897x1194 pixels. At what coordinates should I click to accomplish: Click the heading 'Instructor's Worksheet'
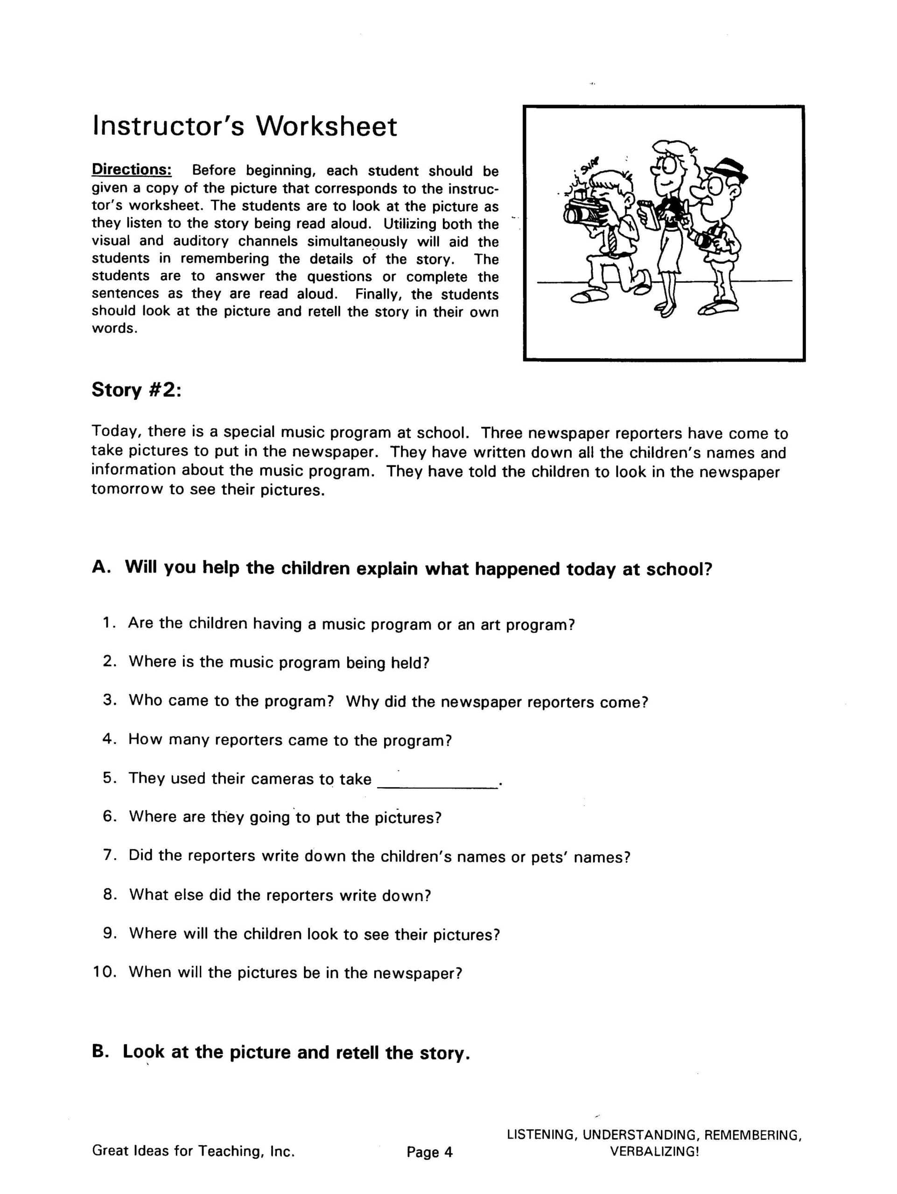tap(245, 126)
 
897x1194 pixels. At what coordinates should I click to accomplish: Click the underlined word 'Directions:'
tap(132, 169)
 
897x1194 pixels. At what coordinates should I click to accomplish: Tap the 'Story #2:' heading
tap(136, 390)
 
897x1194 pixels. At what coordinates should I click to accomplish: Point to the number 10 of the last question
tap(105, 972)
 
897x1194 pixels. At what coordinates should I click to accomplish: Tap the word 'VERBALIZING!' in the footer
tap(654, 1152)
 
